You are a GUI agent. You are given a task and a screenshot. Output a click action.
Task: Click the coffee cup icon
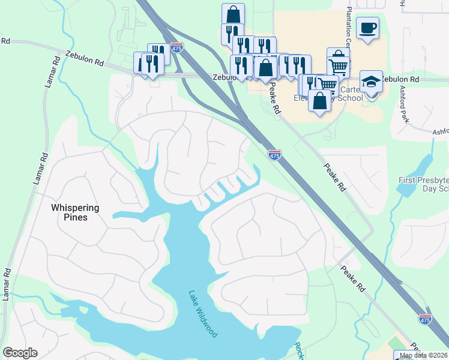[x=367, y=28]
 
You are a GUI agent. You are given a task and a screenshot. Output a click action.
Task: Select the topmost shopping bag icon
[x=233, y=14]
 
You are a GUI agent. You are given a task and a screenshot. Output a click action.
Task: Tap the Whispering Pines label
[x=75, y=212]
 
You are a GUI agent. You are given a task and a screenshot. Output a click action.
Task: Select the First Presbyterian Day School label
[x=424, y=184]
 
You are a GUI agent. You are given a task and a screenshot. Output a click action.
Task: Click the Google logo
[x=20, y=353]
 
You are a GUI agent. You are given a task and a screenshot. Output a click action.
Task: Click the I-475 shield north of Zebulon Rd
[x=176, y=47]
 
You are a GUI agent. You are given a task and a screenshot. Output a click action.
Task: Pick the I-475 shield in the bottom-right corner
[x=425, y=320]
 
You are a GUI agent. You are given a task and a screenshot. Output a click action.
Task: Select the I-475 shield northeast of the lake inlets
[x=274, y=155]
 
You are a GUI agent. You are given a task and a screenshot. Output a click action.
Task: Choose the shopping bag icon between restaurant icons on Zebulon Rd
[x=265, y=67]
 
